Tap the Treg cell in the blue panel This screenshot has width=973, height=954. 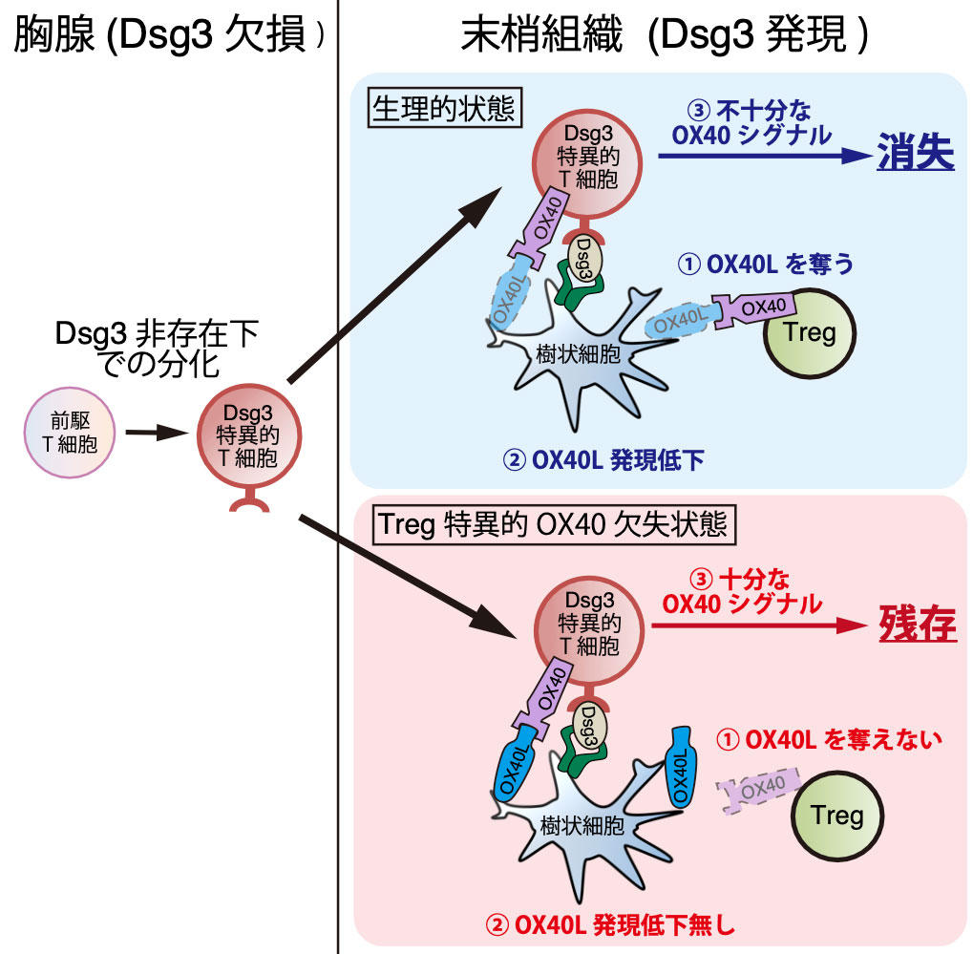pos(808,332)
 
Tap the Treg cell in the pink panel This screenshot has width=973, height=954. pos(836,816)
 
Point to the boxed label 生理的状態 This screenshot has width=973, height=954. pos(443,111)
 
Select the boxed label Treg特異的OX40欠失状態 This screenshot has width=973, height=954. pos(553,523)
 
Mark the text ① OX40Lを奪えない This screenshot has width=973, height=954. pos(829,739)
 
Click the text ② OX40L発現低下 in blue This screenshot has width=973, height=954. pos(603,461)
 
